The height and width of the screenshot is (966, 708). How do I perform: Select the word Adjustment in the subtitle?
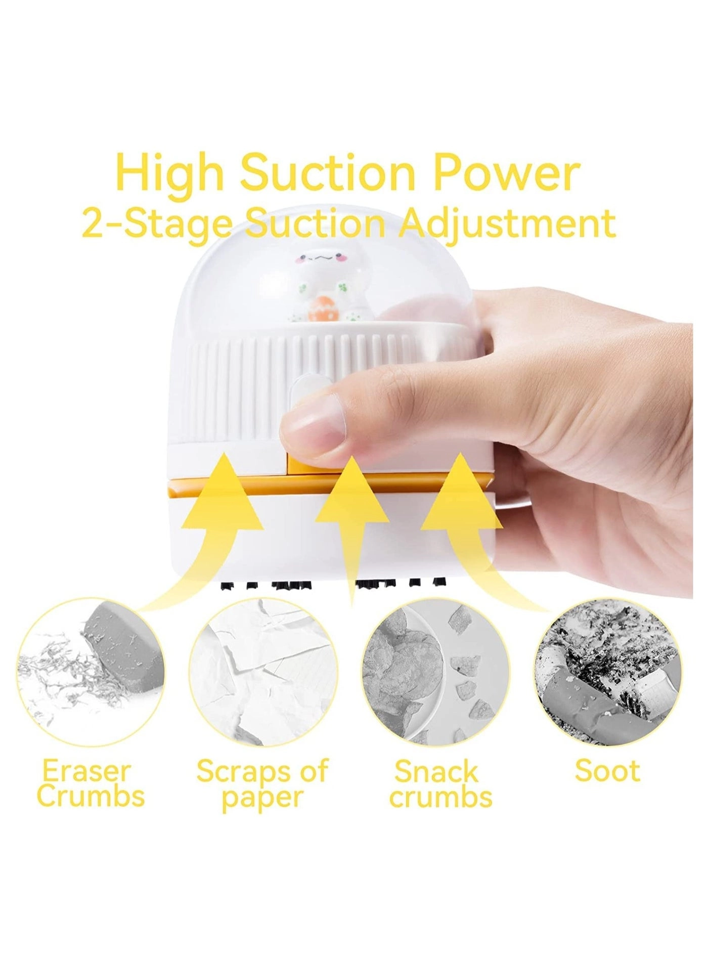507,224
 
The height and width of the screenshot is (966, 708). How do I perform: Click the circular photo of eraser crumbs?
91,673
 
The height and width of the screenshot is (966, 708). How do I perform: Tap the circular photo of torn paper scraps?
263,673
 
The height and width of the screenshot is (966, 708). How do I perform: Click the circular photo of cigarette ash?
609,673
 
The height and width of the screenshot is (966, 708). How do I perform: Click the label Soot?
607,772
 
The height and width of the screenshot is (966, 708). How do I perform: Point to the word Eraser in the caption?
87,772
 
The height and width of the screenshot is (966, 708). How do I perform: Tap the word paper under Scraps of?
262,797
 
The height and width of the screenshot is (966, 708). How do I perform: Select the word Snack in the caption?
436,772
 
